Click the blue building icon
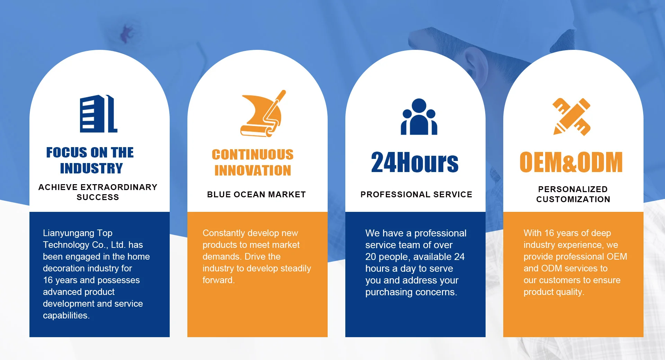click(x=98, y=114)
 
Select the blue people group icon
click(x=419, y=117)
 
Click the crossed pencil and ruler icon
click(x=572, y=117)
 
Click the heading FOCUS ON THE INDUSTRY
click(x=90, y=160)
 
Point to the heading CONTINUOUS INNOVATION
click(x=252, y=162)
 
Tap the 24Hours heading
click(x=415, y=162)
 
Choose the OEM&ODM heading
click(x=571, y=162)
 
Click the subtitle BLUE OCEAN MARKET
click(x=256, y=195)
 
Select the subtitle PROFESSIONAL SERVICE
click(x=416, y=195)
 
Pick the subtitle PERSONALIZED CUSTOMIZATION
click(x=573, y=194)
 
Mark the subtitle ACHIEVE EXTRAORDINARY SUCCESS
click(x=98, y=192)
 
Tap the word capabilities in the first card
click(x=66, y=316)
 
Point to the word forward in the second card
click(x=219, y=280)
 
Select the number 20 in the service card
click(x=371, y=257)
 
